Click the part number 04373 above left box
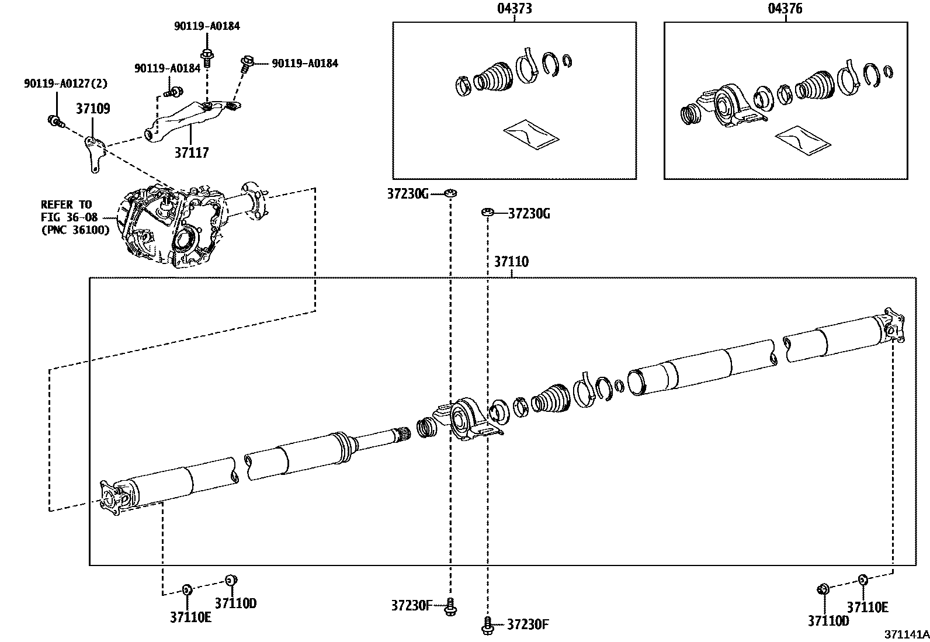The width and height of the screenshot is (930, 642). (x=514, y=8)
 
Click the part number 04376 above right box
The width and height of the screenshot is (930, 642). (x=785, y=8)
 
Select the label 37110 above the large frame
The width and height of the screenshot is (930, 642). (x=511, y=261)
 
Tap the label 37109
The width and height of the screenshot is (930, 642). (x=92, y=109)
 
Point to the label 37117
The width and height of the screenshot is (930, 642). (x=191, y=152)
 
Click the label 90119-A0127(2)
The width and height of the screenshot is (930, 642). (x=65, y=84)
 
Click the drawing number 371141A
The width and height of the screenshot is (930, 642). (x=905, y=634)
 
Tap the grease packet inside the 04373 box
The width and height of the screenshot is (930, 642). (x=530, y=136)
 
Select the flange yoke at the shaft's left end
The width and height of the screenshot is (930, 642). (x=112, y=497)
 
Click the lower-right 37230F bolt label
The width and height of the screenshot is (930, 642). (x=528, y=624)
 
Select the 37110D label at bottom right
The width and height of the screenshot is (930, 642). (x=828, y=621)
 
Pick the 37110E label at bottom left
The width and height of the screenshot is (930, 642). (x=190, y=617)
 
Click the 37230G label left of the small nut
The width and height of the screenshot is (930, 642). (x=408, y=193)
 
